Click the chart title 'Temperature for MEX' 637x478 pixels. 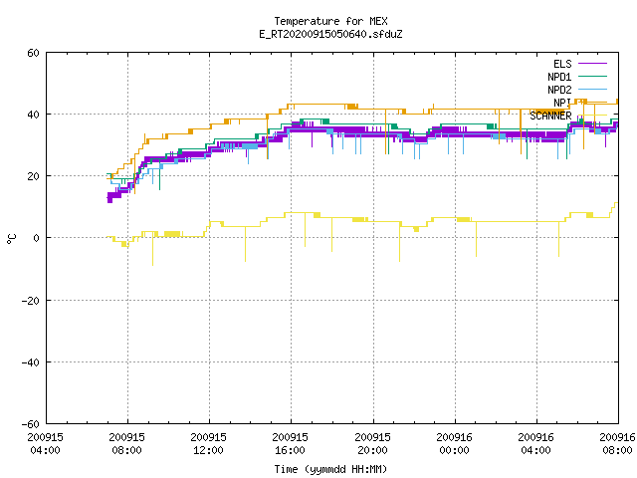(330, 21)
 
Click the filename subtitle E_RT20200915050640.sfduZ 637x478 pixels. (330, 34)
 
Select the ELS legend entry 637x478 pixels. (562, 64)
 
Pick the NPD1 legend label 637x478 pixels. (559, 77)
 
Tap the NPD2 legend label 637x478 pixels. (559, 90)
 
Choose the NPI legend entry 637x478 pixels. (562, 103)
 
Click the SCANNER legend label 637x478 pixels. (550, 116)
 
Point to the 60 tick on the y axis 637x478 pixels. (33, 53)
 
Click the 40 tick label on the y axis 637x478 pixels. (33, 115)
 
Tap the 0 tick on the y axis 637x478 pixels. (37, 238)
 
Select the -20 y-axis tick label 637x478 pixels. (31, 301)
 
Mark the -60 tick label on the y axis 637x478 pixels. (31, 424)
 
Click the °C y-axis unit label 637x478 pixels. (11, 239)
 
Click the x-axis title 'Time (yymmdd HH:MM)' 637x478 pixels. (330, 469)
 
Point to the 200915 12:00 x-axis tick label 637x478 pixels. (209, 444)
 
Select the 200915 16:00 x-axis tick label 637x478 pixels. (290, 444)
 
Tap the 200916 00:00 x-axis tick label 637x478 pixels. (454, 444)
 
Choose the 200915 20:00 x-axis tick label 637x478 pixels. (372, 444)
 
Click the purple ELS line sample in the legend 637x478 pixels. (592, 64)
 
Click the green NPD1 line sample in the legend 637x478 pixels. (592, 76)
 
